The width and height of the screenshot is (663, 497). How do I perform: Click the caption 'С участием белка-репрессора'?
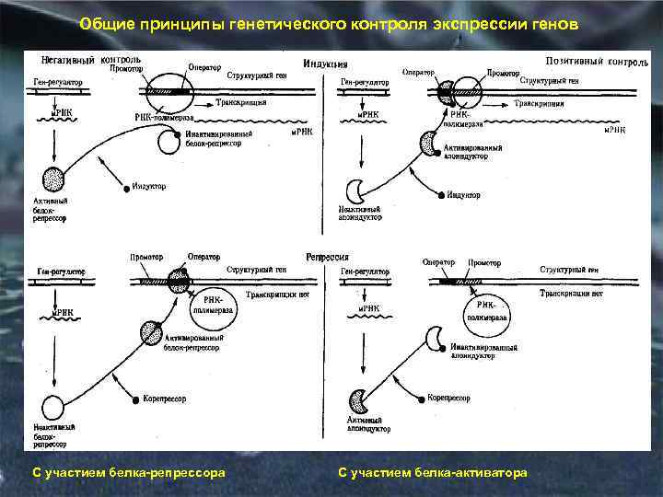pyautogui.click(x=129, y=472)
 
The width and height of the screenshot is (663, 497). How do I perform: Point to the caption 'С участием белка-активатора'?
pyautogui.click(x=433, y=472)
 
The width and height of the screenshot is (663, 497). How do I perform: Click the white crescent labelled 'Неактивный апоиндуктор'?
pyautogui.click(x=356, y=191)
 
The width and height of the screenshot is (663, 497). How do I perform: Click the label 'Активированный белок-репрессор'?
pyautogui.click(x=192, y=343)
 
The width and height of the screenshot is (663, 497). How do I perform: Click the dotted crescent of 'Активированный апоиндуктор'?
pyautogui.click(x=428, y=144)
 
